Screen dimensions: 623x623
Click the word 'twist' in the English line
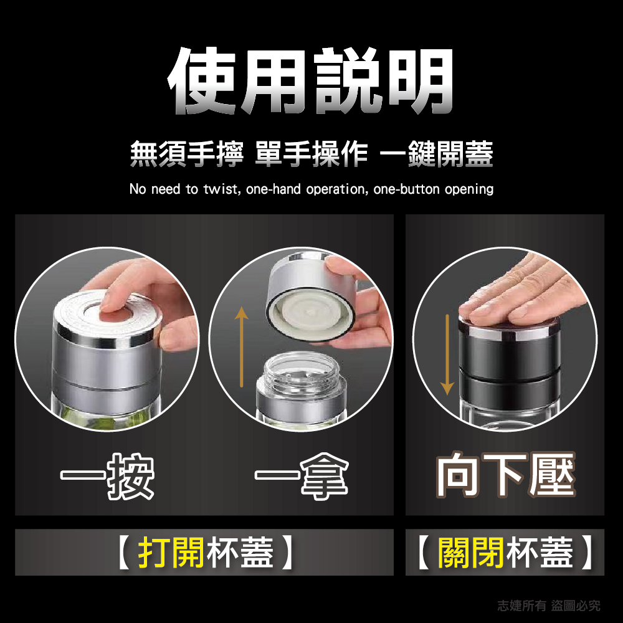pos(220,189)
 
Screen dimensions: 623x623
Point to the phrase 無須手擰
pos(186,154)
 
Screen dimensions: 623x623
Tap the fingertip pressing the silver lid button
pos(114,302)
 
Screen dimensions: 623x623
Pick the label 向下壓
pos(505,477)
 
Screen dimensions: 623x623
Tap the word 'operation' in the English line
pos(336,189)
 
